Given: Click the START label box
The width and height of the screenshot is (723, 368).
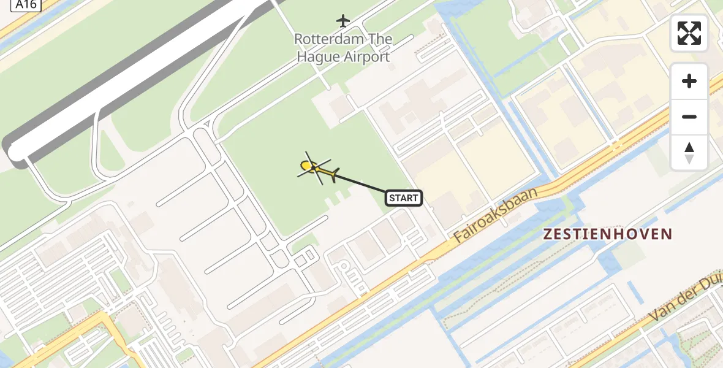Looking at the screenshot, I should coord(404,197).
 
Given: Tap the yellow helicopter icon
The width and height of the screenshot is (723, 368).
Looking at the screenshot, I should coord(317,169).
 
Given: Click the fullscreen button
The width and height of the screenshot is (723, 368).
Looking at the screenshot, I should coord(689,33).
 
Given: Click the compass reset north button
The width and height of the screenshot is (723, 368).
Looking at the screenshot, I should coord(689,153).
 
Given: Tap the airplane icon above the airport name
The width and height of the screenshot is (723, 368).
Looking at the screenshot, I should coord(343,21).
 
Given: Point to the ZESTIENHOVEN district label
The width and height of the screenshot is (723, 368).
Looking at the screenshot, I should coord(608,234).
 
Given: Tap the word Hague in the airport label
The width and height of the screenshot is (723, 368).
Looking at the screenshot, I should coord(316,57).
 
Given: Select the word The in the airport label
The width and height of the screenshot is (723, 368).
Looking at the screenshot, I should coord(380,39).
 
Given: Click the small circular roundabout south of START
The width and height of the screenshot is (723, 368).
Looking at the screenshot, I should coord(344,266).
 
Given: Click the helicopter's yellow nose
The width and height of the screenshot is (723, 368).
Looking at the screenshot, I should coord(305,165).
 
